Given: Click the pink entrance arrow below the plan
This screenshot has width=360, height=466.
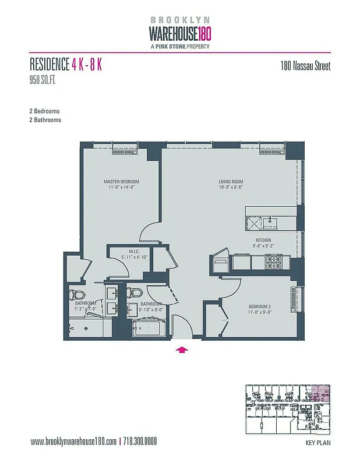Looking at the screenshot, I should (x=182, y=349).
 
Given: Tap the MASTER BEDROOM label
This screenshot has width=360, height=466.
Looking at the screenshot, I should (x=121, y=182).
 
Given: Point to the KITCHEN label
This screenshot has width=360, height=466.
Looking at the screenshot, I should (x=263, y=240).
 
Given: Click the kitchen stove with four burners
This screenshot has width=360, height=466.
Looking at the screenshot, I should (x=274, y=262).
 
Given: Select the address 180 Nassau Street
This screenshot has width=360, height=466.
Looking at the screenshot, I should (x=305, y=66).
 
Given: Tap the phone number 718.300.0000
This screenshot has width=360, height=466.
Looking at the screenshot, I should (x=140, y=441).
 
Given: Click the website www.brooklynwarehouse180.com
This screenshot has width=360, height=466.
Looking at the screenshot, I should (x=73, y=441).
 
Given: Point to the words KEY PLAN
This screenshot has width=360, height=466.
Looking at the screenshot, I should (x=318, y=443).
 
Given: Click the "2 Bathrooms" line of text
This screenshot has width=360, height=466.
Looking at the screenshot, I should (x=45, y=119).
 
